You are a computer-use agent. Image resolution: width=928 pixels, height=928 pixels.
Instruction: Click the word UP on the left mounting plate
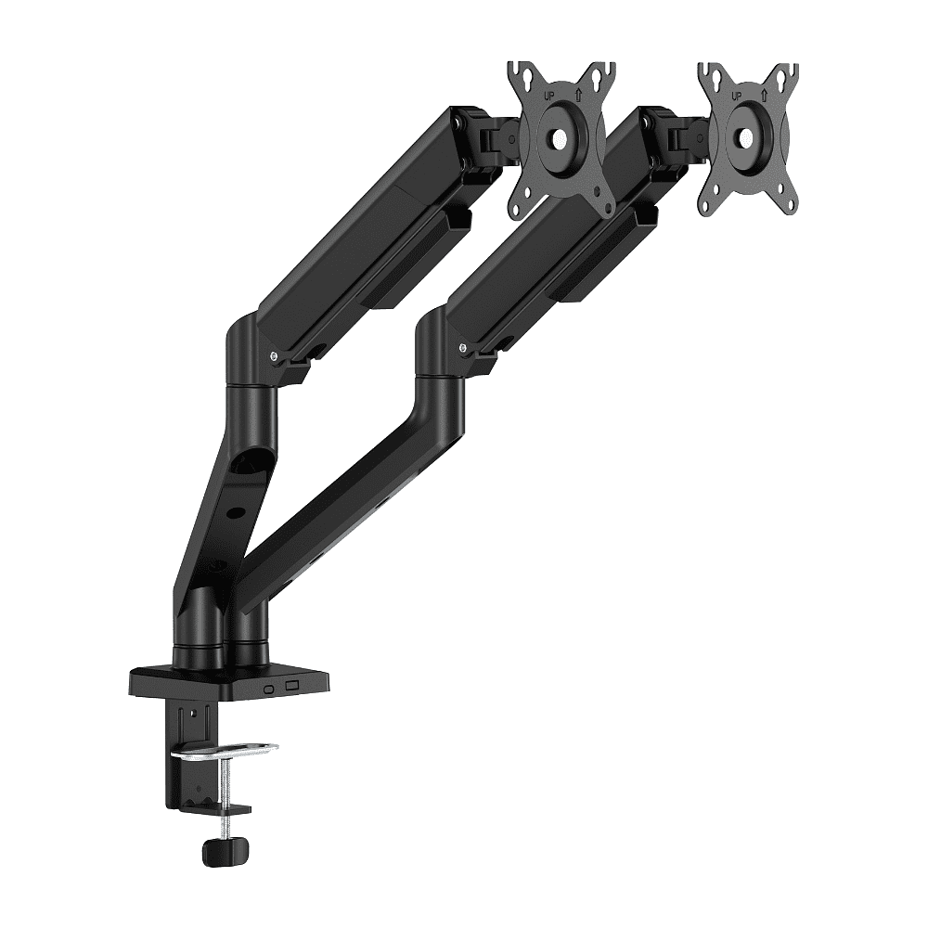(548, 95)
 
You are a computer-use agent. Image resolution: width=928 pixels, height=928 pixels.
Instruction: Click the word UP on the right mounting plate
(738, 96)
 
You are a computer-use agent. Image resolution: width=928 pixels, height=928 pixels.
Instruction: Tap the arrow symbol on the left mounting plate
(578, 94)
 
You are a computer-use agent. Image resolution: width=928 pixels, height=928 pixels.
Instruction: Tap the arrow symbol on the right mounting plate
(766, 94)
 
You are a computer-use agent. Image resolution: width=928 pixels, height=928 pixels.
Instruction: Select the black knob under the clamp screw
(225, 851)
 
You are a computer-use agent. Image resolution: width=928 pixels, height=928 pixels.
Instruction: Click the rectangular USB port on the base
(291, 686)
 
